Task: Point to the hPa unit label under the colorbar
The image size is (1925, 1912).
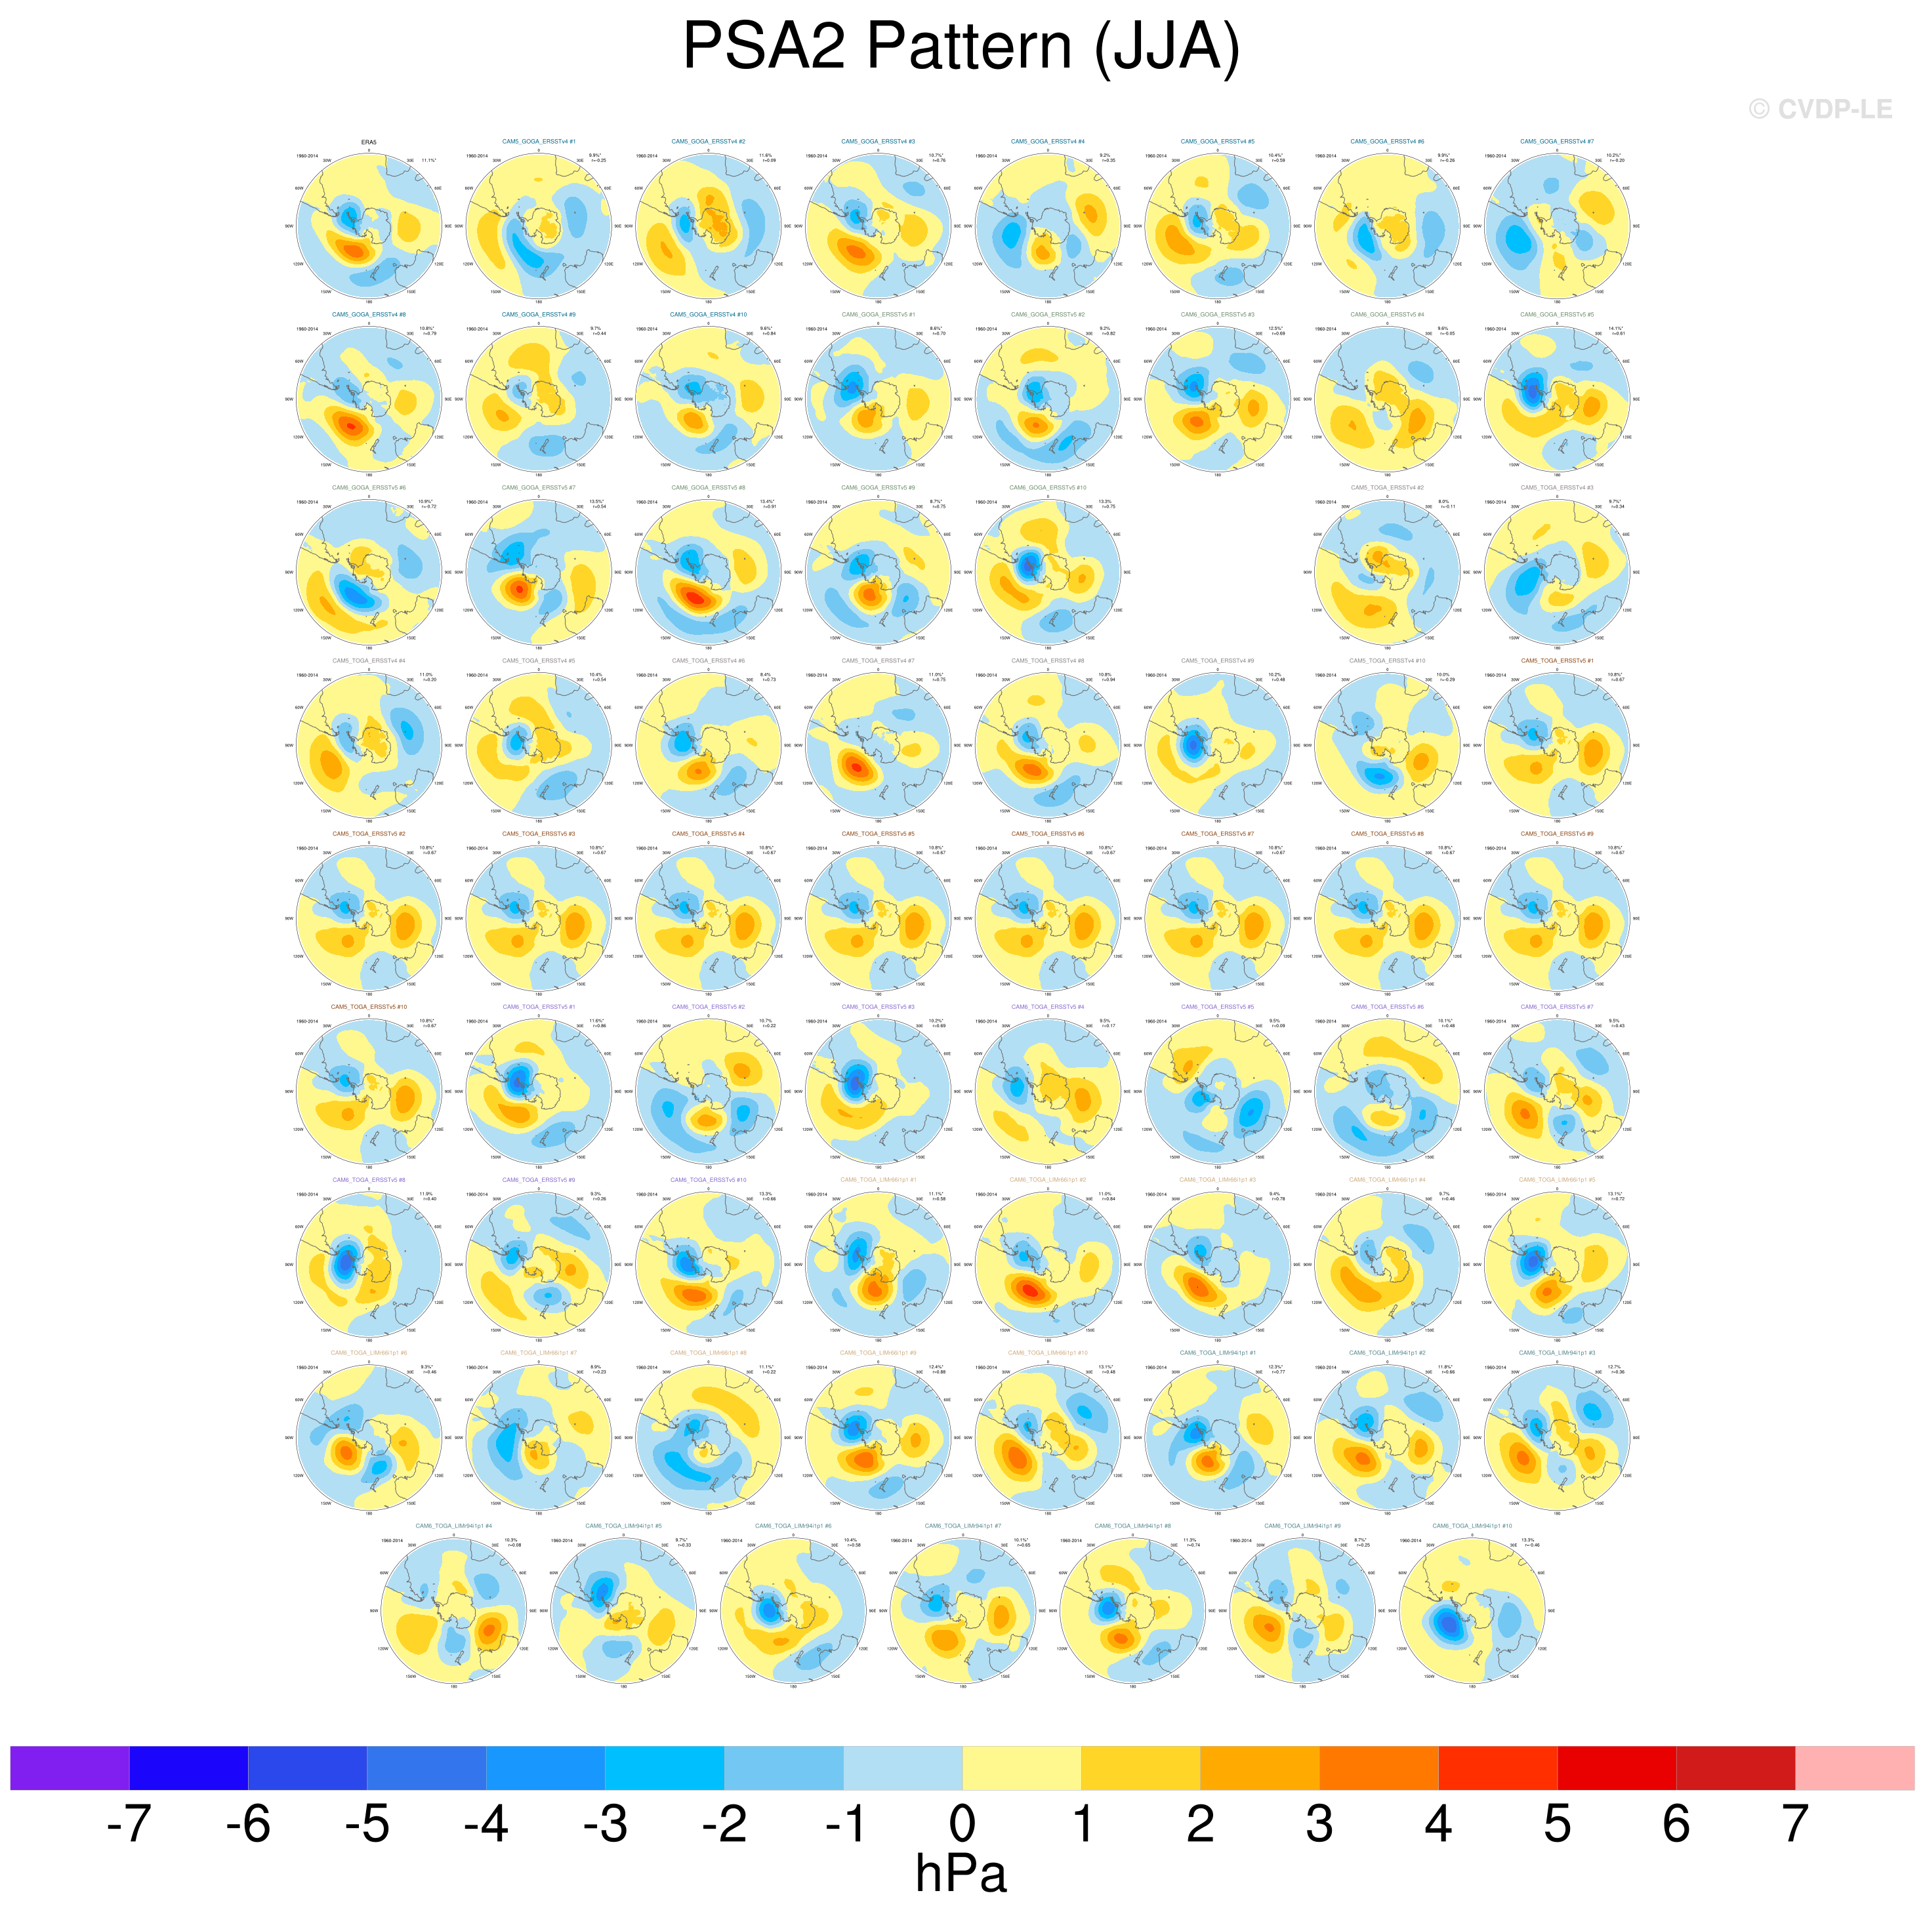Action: pyautogui.click(x=961, y=1874)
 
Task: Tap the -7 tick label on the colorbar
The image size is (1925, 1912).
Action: pyautogui.click(x=129, y=1824)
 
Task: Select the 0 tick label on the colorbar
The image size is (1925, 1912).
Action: pyautogui.click(x=961, y=1824)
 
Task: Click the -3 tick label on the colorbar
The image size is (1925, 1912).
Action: pyautogui.click(x=605, y=1824)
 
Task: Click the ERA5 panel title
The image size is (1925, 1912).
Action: pyautogui.click(x=369, y=142)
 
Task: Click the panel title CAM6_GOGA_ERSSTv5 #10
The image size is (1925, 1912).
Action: pyautogui.click(x=1047, y=487)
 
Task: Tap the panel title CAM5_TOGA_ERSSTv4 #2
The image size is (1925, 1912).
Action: pyautogui.click(x=1387, y=487)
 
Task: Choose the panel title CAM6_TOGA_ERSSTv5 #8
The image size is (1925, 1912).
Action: pyautogui.click(x=369, y=1180)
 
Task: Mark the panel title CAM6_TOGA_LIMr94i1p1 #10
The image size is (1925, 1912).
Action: pyautogui.click(x=1472, y=1526)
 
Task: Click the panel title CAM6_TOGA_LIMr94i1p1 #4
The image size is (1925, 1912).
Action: pyautogui.click(x=453, y=1526)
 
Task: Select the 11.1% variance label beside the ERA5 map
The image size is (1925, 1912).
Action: pyautogui.click(x=428, y=159)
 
